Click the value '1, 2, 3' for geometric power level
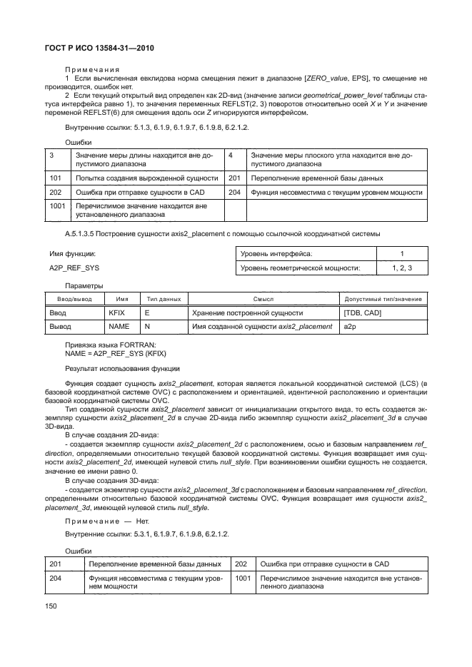[402, 268]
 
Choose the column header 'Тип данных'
[164, 299]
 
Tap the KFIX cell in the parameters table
[116, 312]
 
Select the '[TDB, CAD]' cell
[362, 312]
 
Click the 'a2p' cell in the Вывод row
[350, 326]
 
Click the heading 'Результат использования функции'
[123, 368]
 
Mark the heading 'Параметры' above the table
[82, 286]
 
